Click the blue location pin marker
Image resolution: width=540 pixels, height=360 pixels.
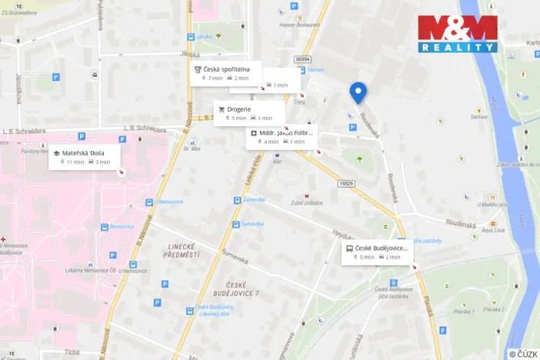point(358,92)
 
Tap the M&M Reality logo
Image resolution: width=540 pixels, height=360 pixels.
point(458,34)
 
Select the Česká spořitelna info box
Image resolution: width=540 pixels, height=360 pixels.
point(226,73)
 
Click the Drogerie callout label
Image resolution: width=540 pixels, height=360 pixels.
point(248,113)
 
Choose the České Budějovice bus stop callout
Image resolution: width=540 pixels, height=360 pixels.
point(378,252)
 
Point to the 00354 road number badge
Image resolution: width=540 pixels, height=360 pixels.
point(302,59)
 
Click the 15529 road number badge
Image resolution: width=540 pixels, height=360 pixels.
point(345,183)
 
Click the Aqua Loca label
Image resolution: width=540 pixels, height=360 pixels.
point(492,229)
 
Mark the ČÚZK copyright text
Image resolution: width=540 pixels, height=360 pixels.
point(522,353)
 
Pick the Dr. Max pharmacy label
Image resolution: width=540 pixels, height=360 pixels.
point(192,148)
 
